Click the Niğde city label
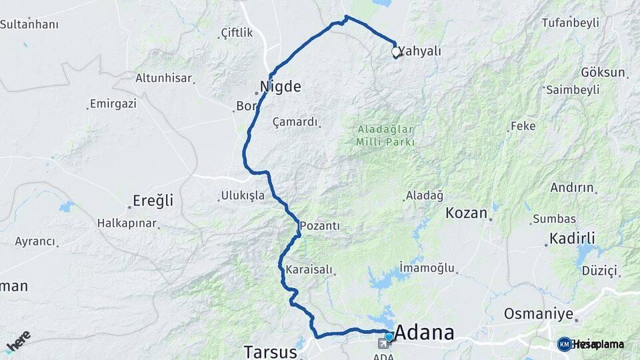281,86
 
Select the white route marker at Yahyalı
396,51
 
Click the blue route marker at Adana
389,337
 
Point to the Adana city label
425,333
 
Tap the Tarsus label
269,351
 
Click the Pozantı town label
320,226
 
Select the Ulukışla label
241,196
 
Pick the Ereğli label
153,200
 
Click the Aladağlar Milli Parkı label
386,135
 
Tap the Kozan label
466,213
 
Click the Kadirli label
572,238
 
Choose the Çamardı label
296,122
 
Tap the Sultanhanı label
29,25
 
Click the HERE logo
19,341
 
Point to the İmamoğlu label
427,268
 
